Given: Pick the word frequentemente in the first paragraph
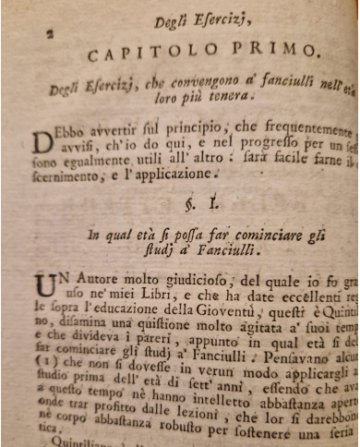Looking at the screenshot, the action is pos(296,130).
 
